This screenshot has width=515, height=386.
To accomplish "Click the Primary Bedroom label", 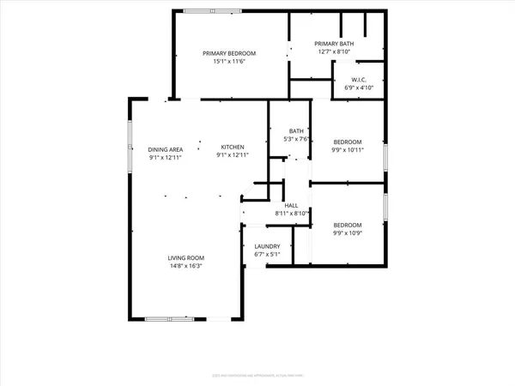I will pos(229,53).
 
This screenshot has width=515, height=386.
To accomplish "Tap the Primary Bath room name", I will pos(336,44).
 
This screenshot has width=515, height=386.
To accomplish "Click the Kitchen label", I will pos(233,147).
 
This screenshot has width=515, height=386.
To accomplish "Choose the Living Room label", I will pos(185,257).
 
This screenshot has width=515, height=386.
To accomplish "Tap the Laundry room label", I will pos(267,246).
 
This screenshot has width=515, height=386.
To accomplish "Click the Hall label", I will pos(291,206).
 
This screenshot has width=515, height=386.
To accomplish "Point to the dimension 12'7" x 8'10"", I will pos(336,52).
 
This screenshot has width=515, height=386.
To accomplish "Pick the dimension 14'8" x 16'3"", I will pos(185,266).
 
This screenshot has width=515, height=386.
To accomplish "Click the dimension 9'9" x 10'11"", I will pos(348,150).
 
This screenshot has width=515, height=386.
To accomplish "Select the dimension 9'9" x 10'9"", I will pos(348,232).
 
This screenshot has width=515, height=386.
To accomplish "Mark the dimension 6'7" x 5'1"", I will pos(267,255).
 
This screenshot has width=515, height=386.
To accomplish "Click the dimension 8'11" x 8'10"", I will pos(291,214).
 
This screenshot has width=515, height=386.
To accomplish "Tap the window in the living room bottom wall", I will pos(162,319).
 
